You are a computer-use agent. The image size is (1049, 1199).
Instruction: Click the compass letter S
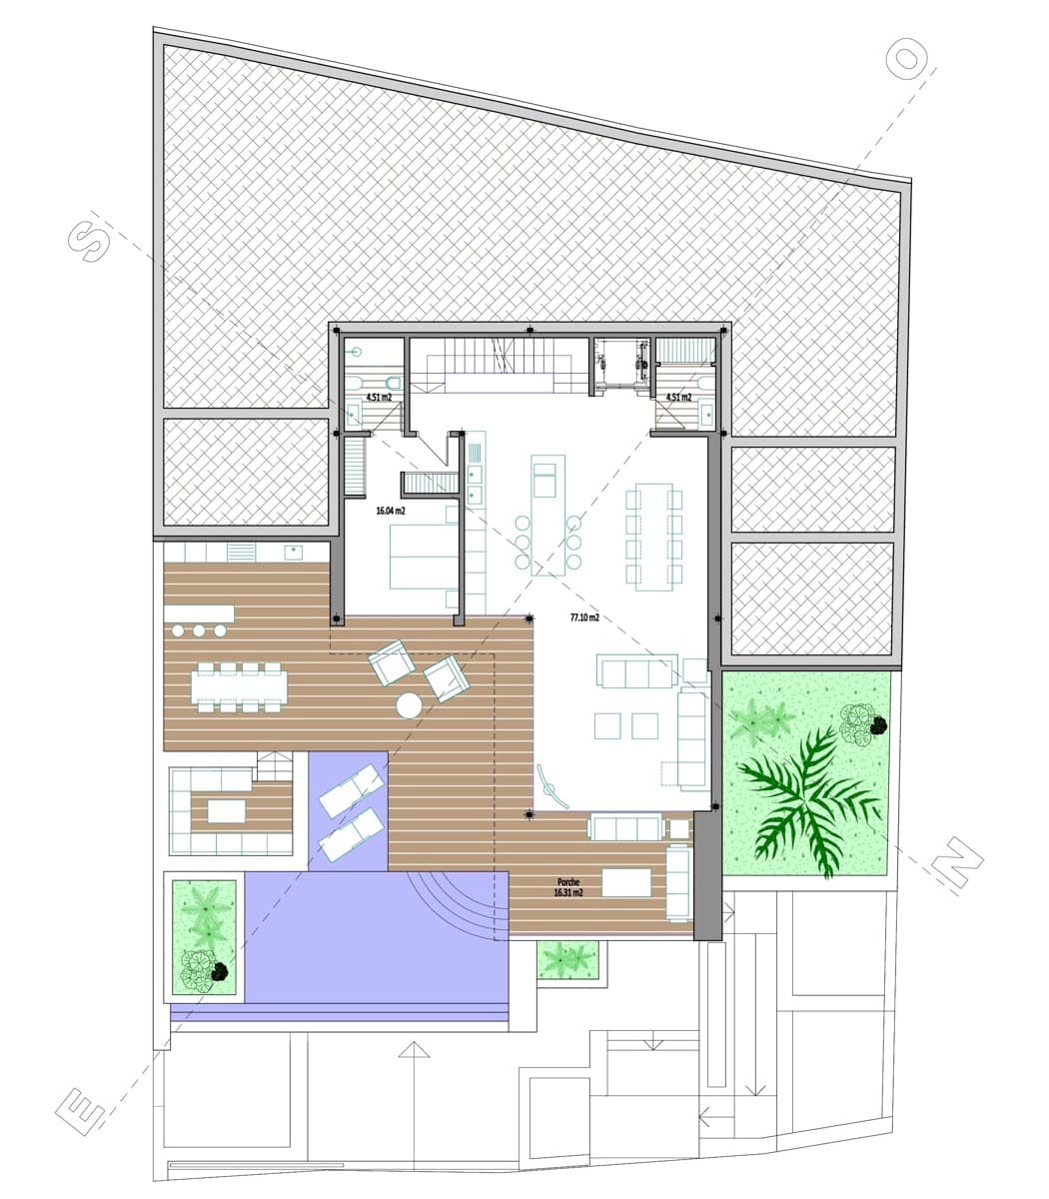pyautogui.click(x=88, y=238)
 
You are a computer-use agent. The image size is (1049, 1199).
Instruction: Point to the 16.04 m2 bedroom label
pyautogui.click(x=390, y=512)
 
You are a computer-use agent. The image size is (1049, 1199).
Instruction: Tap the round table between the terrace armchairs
pyautogui.click(x=409, y=705)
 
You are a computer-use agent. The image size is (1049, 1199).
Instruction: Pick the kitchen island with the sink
pyautogui.click(x=546, y=515)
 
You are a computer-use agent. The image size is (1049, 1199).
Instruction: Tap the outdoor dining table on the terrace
pyautogui.click(x=240, y=686)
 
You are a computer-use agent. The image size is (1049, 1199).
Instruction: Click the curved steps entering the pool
pyautogui.click(x=460, y=904)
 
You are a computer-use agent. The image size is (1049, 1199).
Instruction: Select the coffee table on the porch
pyautogui.click(x=625, y=882)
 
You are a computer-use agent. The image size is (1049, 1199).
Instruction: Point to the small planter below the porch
pyautogui.click(x=567, y=959)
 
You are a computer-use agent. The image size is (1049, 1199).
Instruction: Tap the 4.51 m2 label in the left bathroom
pyautogui.click(x=378, y=398)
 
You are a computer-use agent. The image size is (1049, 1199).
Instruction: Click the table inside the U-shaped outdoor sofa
pyautogui.click(x=227, y=810)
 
